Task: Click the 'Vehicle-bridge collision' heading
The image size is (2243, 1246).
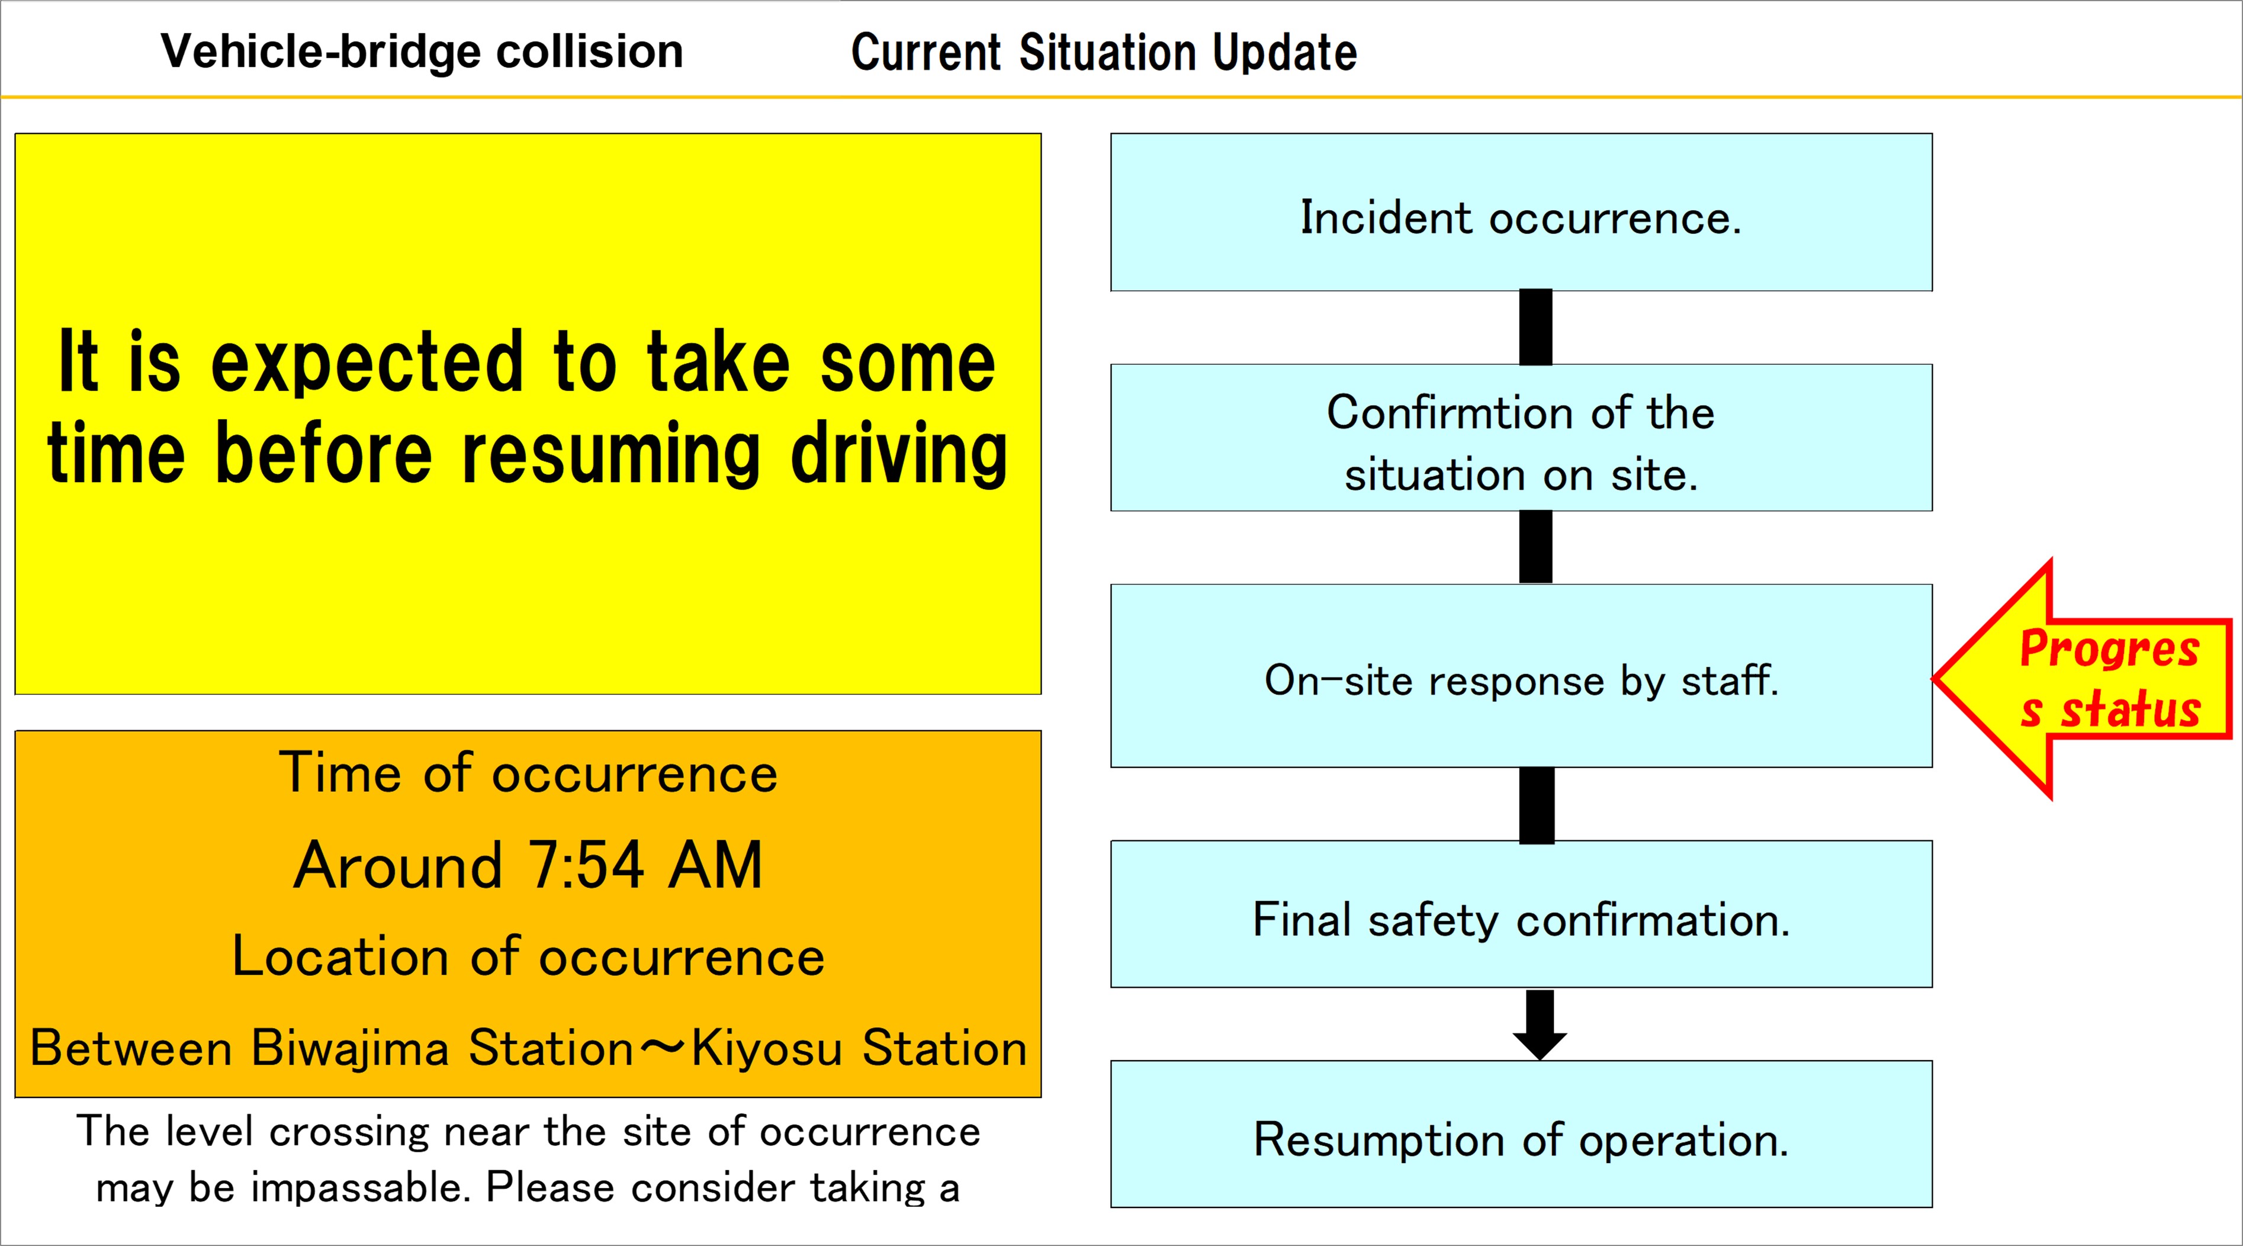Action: click(422, 52)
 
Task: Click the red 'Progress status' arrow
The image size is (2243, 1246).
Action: click(2090, 679)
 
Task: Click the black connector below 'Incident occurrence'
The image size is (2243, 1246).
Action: click(1536, 327)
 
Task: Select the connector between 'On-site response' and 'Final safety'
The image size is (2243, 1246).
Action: click(1537, 805)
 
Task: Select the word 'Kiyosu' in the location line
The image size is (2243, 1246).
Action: click(766, 1048)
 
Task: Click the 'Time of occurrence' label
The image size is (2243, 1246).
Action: click(528, 773)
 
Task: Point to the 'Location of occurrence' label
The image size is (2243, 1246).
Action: click(528, 956)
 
